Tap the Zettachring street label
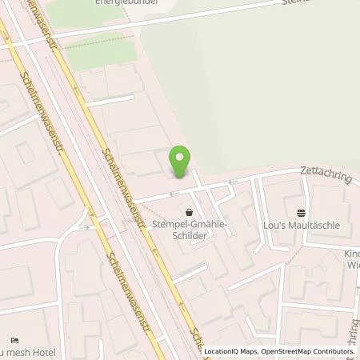coord(326,174)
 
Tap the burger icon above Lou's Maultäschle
coord(301,213)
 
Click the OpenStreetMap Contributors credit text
coord(303,351)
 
